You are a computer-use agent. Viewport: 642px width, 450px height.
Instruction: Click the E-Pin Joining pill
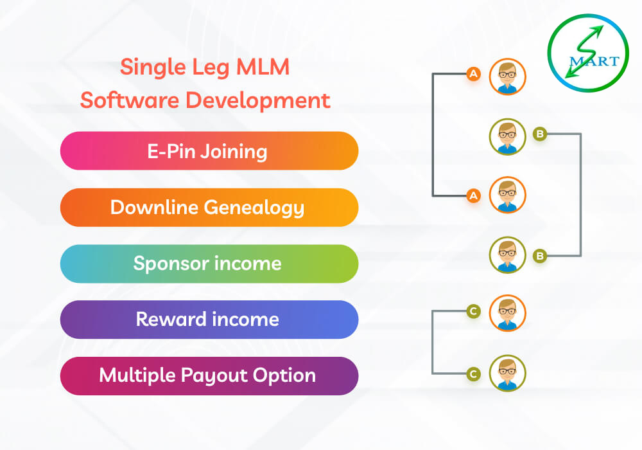[x=209, y=151]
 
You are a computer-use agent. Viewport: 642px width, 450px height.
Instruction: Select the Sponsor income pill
[x=209, y=264]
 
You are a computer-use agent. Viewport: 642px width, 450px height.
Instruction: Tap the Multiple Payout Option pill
[x=209, y=376]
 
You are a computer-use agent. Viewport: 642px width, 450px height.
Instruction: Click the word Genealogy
[x=254, y=208]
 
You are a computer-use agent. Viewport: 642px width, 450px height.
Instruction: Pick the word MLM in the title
[x=263, y=67]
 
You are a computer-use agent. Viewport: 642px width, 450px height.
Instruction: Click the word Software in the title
[x=130, y=100]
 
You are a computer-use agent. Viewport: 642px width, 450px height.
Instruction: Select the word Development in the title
[x=258, y=101]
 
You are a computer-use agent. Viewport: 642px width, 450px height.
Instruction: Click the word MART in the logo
[x=594, y=61]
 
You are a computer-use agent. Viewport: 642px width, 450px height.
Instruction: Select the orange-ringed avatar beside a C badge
[x=508, y=312]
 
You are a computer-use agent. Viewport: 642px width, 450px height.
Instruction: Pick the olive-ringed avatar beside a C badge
[x=508, y=373]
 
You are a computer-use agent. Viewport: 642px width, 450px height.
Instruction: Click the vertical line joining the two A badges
[x=433, y=135]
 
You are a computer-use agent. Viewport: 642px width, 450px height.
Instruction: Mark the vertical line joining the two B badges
[x=580, y=195]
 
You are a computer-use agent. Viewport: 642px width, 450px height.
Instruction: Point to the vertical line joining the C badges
[x=433, y=342]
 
